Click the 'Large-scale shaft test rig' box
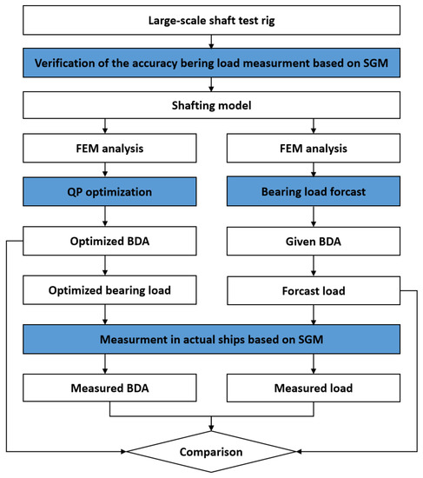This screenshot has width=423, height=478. coord(211,17)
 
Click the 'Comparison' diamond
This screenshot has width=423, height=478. coord(211,452)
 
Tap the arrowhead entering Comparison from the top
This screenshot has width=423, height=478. coord(211,428)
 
